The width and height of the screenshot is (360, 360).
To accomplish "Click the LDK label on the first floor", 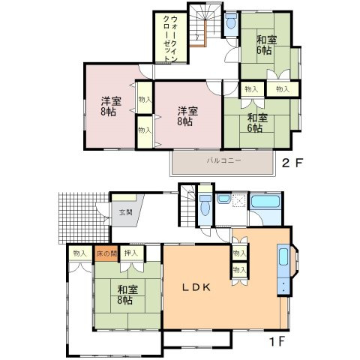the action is point(196,287).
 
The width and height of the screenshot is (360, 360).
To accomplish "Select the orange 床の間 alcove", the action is point(106,253).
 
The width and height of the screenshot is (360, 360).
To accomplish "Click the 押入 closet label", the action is point(131,253).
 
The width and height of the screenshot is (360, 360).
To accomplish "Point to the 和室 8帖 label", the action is point(127,295).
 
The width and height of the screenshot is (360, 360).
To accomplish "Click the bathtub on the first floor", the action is point(265,202).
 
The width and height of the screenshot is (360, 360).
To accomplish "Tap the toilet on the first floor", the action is point(205,205).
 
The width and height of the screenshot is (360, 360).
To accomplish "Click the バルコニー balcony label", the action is point(223,160).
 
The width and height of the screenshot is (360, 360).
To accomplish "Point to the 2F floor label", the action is point(292,163).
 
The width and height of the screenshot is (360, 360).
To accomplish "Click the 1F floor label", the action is point(277,341).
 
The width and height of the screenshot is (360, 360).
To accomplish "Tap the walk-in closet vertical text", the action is point(170,39).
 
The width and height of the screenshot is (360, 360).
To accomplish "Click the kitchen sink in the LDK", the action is point(283,257).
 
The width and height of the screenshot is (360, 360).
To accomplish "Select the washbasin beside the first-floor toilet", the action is point(223,199).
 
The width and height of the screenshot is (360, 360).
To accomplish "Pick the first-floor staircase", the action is point(187,205).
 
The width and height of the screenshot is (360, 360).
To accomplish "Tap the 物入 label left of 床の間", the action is point(79,253).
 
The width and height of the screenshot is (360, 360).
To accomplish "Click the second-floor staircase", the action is point(205,25).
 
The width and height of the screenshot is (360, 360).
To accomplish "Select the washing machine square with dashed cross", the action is point(239,200).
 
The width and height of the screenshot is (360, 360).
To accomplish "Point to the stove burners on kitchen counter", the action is point(283,286).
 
